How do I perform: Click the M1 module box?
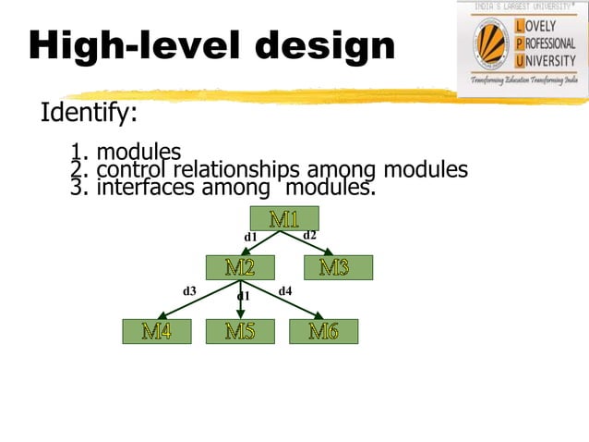click(x=284, y=219)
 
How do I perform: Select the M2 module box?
click(x=240, y=267)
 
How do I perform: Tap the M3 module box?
click(x=333, y=267)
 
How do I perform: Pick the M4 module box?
click(x=156, y=331)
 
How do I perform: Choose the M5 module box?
click(x=240, y=331)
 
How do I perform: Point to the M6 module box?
click(x=323, y=331)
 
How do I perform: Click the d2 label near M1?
click(x=310, y=235)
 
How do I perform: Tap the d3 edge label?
click(x=189, y=290)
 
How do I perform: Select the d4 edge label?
click(x=285, y=290)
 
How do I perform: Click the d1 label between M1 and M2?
click(x=249, y=238)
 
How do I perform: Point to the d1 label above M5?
click(x=244, y=296)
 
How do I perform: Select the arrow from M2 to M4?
click(x=196, y=301)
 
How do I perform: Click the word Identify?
click(x=89, y=114)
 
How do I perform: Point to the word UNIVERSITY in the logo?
click(x=548, y=62)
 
